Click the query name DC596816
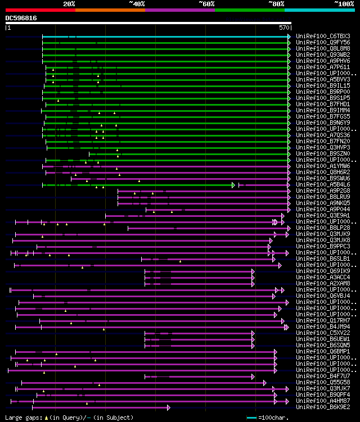(21, 18)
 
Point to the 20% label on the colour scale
(69, 3)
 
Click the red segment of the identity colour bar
(40, 10)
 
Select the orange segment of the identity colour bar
(110, 10)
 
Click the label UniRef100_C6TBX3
(323, 37)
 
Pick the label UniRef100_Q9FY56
(323, 43)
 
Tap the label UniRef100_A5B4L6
(323, 184)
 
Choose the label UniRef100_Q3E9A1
(323, 215)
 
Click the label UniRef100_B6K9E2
(323, 407)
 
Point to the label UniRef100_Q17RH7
(323, 320)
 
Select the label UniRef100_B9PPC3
(323, 246)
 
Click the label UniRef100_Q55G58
(323, 382)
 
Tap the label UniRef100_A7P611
(323, 67)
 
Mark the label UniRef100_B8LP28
(323, 228)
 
